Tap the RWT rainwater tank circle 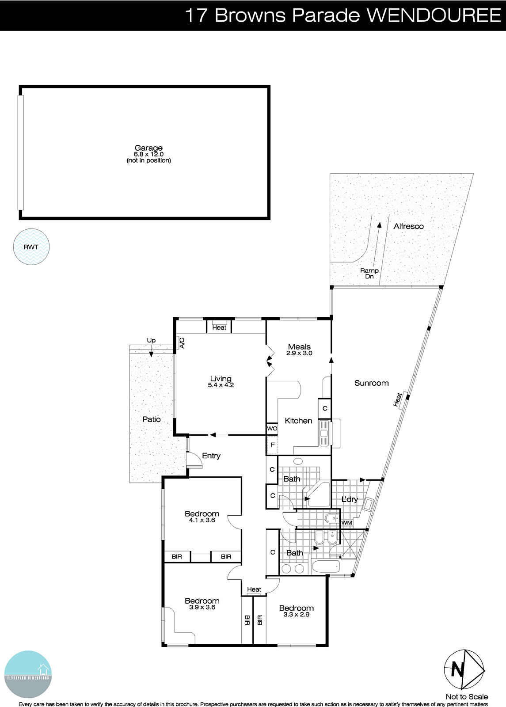[31, 247]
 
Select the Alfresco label [408, 226]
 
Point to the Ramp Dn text [369, 274]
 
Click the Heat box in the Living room [219, 327]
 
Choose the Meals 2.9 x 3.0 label [299, 350]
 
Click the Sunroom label [371, 383]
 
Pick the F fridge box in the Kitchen [272, 445]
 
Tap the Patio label [152, 419]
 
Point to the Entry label [211, 456]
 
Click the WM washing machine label [347, 523]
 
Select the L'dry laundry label [350, 499]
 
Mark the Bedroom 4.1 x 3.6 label [202, 517]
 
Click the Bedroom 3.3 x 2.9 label [296, 611]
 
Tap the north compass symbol [464, 670]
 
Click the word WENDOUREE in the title [434, 15]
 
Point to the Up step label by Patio [151, 340]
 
